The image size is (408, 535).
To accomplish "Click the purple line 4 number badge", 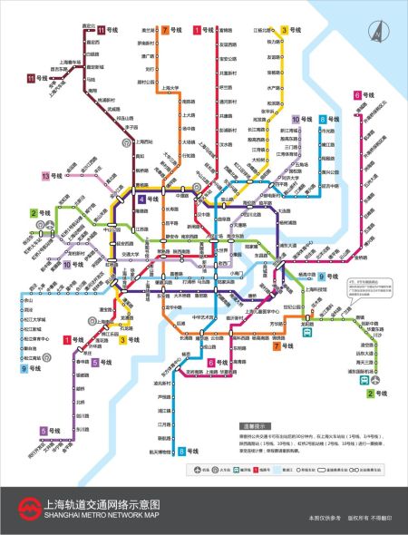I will tap(141, 199).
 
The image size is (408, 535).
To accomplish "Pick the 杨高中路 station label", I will tap(303, 272).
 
